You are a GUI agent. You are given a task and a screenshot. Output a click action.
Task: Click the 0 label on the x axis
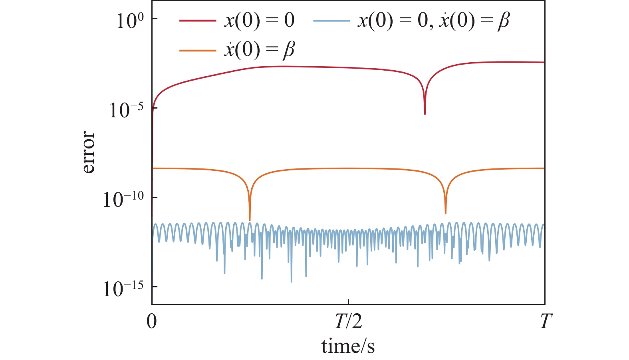(x=152, y=321)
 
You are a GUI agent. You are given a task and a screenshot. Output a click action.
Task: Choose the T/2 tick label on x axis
(x=348, y=321)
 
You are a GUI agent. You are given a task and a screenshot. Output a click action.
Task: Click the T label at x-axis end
(x=546, y=321)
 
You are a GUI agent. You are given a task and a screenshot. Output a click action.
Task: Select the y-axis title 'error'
(x=88, y=152)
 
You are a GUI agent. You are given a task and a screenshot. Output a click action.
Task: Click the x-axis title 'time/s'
(x=348, y=346)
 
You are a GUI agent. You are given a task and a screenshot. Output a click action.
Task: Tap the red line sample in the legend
(x=198, y=20)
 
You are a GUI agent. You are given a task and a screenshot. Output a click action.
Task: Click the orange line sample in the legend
(x=198, y=50)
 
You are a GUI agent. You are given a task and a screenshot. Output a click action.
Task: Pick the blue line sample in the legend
(x=331, y=20)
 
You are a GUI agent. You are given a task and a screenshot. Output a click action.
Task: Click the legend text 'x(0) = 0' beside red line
(x=259, y=20)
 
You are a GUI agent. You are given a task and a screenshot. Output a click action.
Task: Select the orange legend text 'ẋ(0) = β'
(x=259, y=50)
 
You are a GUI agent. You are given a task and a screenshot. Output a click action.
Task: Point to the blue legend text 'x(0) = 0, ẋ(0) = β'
(x=433, y=20)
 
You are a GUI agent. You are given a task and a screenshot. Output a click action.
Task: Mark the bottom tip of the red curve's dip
(x=425, y=114)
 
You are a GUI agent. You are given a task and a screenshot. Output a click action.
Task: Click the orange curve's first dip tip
(x=250, y=220)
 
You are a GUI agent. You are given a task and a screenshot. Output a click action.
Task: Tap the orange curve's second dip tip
(x=446, y=213)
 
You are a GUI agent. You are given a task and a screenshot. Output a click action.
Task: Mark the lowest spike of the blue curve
(x=292, y=281)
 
